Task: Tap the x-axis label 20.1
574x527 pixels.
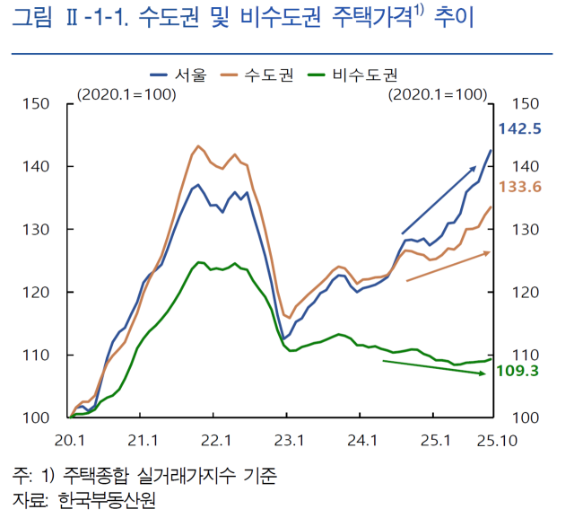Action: pyautogui.click(x=69, y=440)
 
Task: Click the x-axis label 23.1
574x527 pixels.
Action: pyautogui.click(x=287, y=440)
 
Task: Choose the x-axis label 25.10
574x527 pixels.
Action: pyautogui.click(x=491, y=440)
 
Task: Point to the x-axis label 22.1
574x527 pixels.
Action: pyautogui.click(x=214, y=440)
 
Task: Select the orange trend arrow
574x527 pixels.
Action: pyautogui.click(x=448, y=267)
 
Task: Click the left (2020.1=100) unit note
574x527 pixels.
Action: pyautogui.click(x=126, y=93)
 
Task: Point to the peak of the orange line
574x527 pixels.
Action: pyautogui.click(x=197, y=145)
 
